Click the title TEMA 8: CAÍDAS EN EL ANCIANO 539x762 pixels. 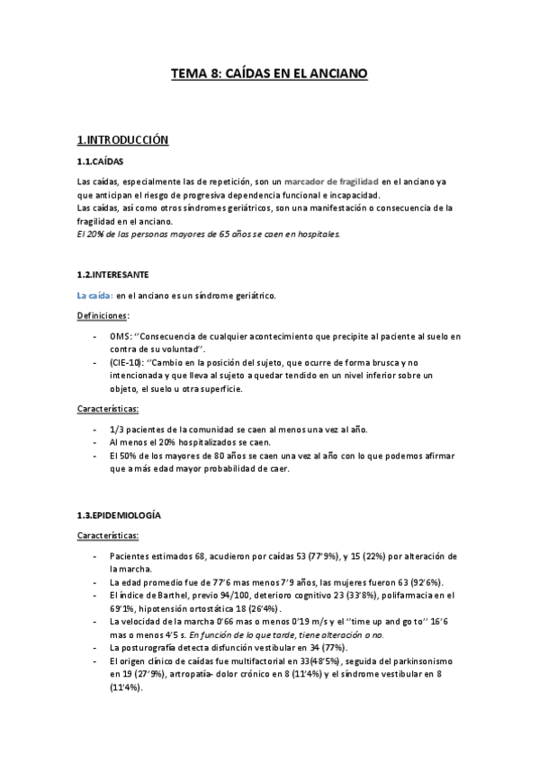pos(269,77)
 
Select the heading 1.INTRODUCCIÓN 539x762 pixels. pos(123,140)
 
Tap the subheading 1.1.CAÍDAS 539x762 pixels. pos(101,163)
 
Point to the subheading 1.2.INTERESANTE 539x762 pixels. pos(113,273)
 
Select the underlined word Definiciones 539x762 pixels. pos(103,316)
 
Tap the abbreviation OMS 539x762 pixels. pos(121,337)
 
